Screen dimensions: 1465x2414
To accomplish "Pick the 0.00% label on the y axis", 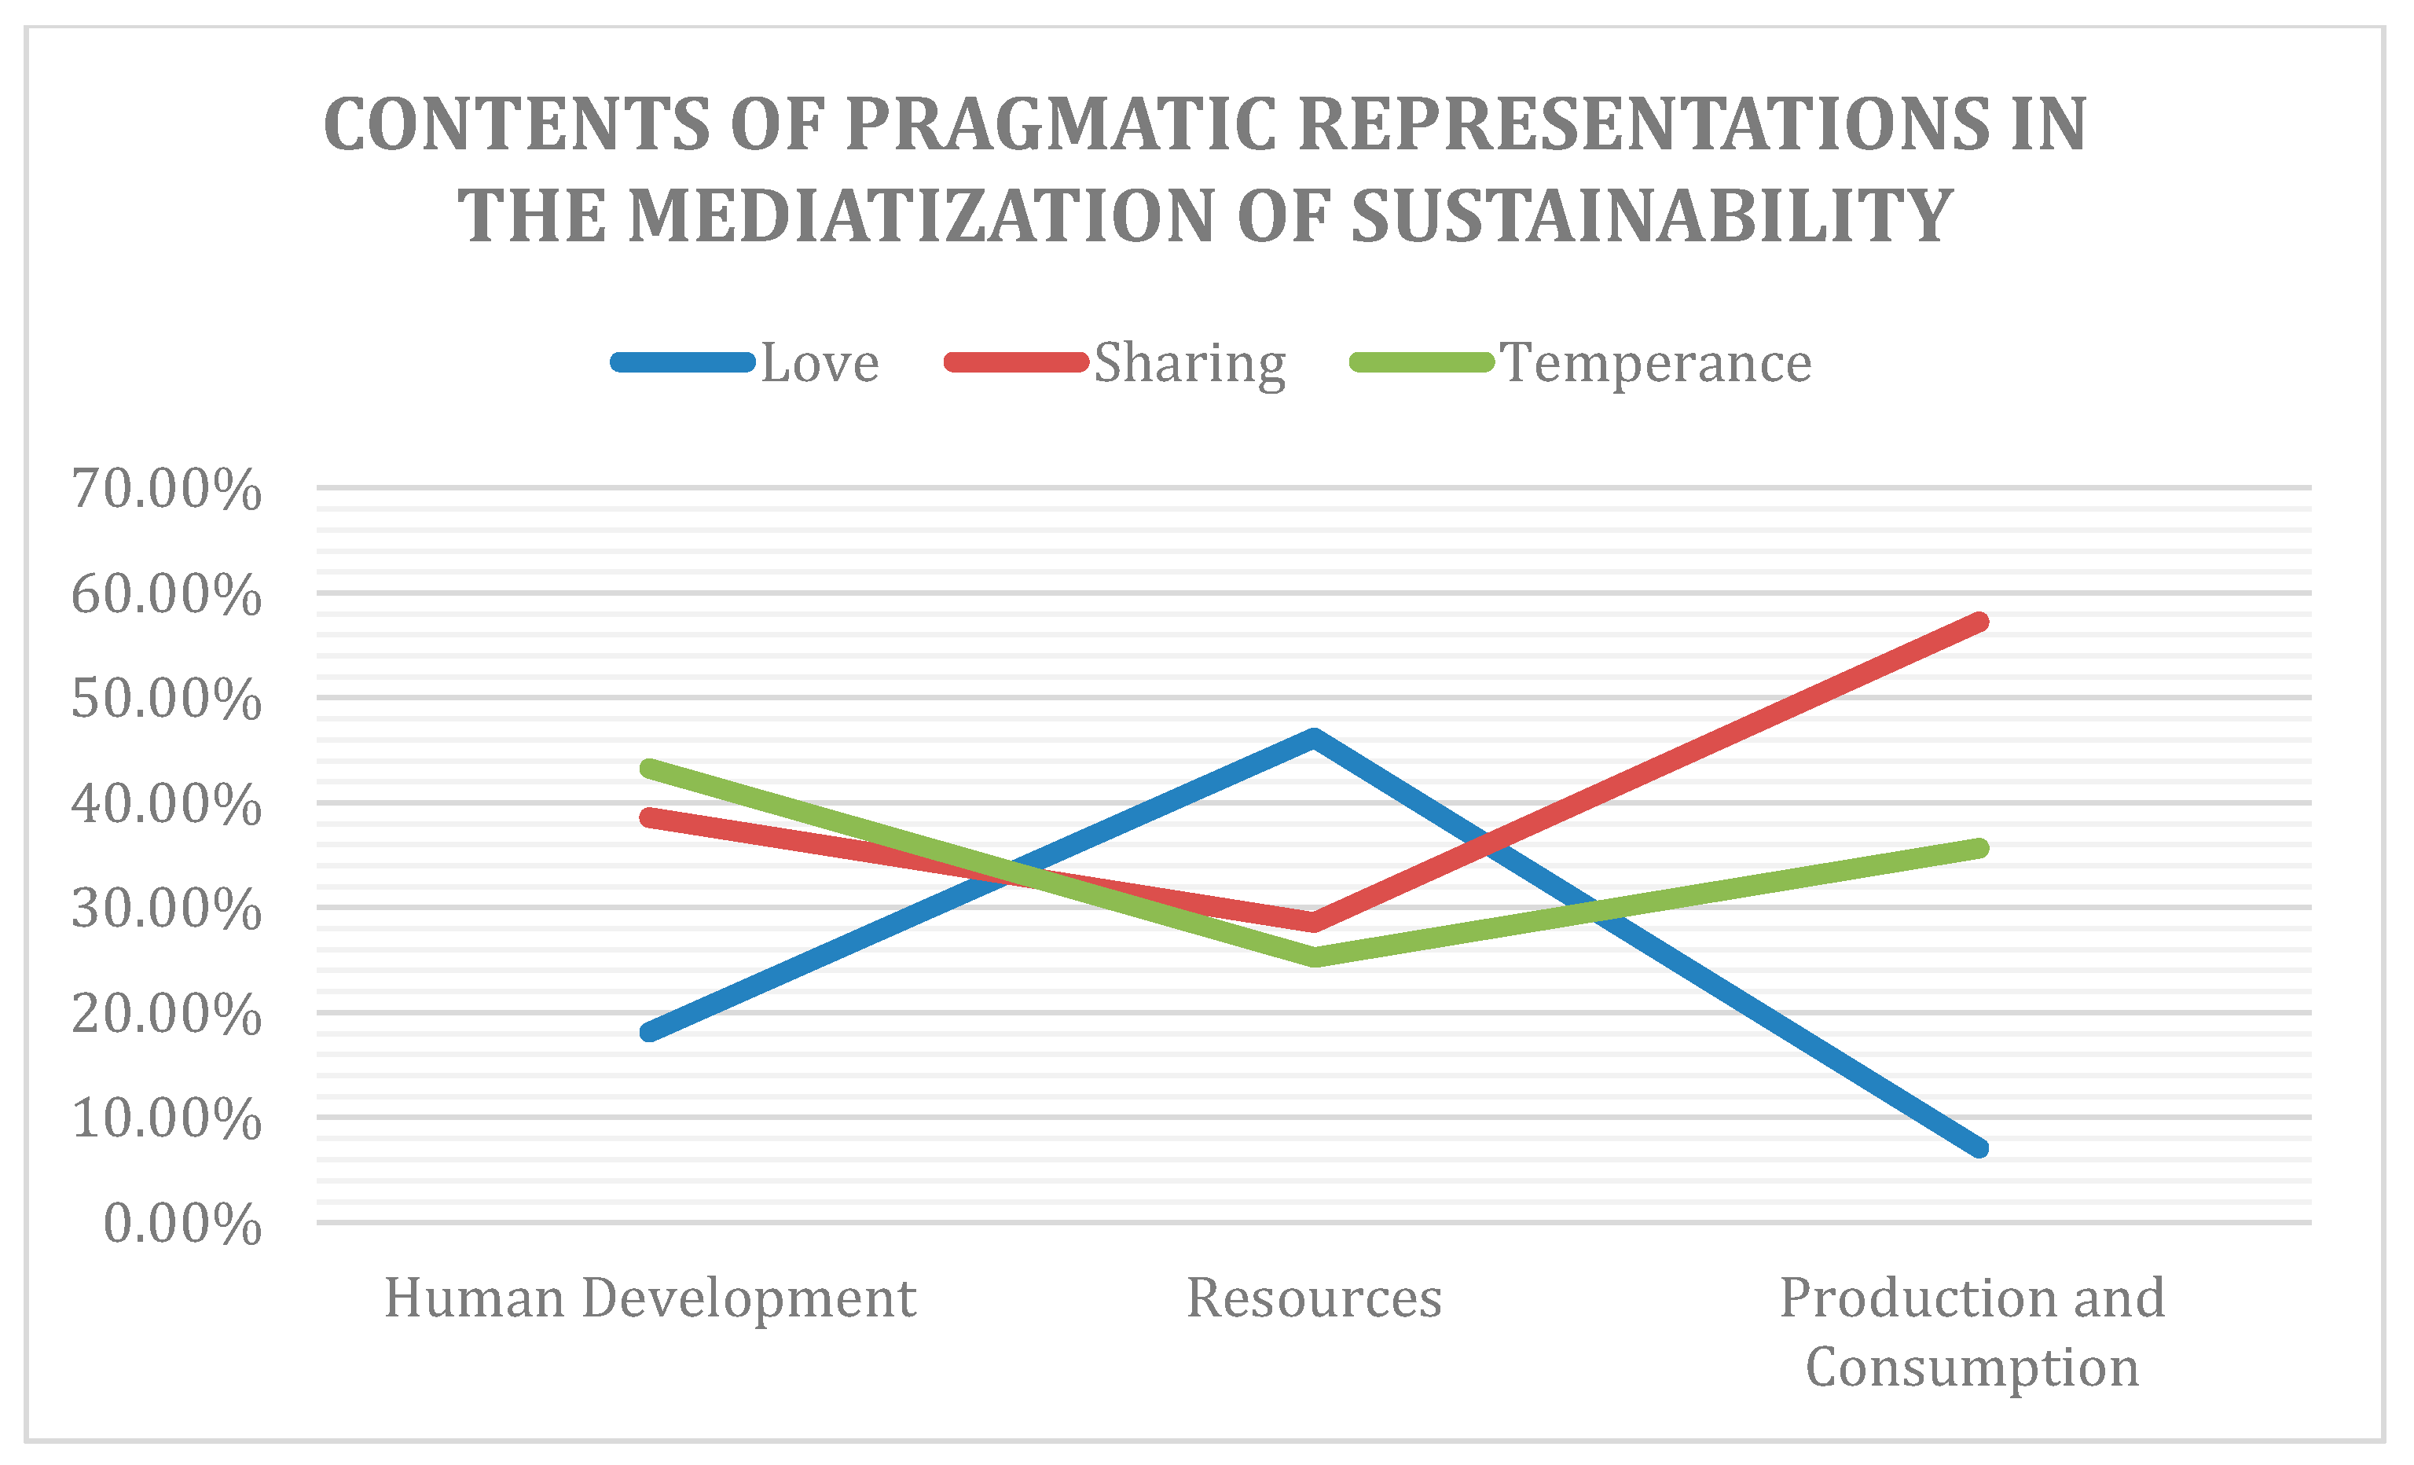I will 182,1224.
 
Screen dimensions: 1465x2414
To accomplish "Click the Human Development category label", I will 650,1298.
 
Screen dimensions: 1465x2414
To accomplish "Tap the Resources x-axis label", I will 1314,1298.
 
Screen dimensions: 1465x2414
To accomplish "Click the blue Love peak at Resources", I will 1314,737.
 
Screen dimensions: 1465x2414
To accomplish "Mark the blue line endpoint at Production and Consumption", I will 1979,1147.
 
